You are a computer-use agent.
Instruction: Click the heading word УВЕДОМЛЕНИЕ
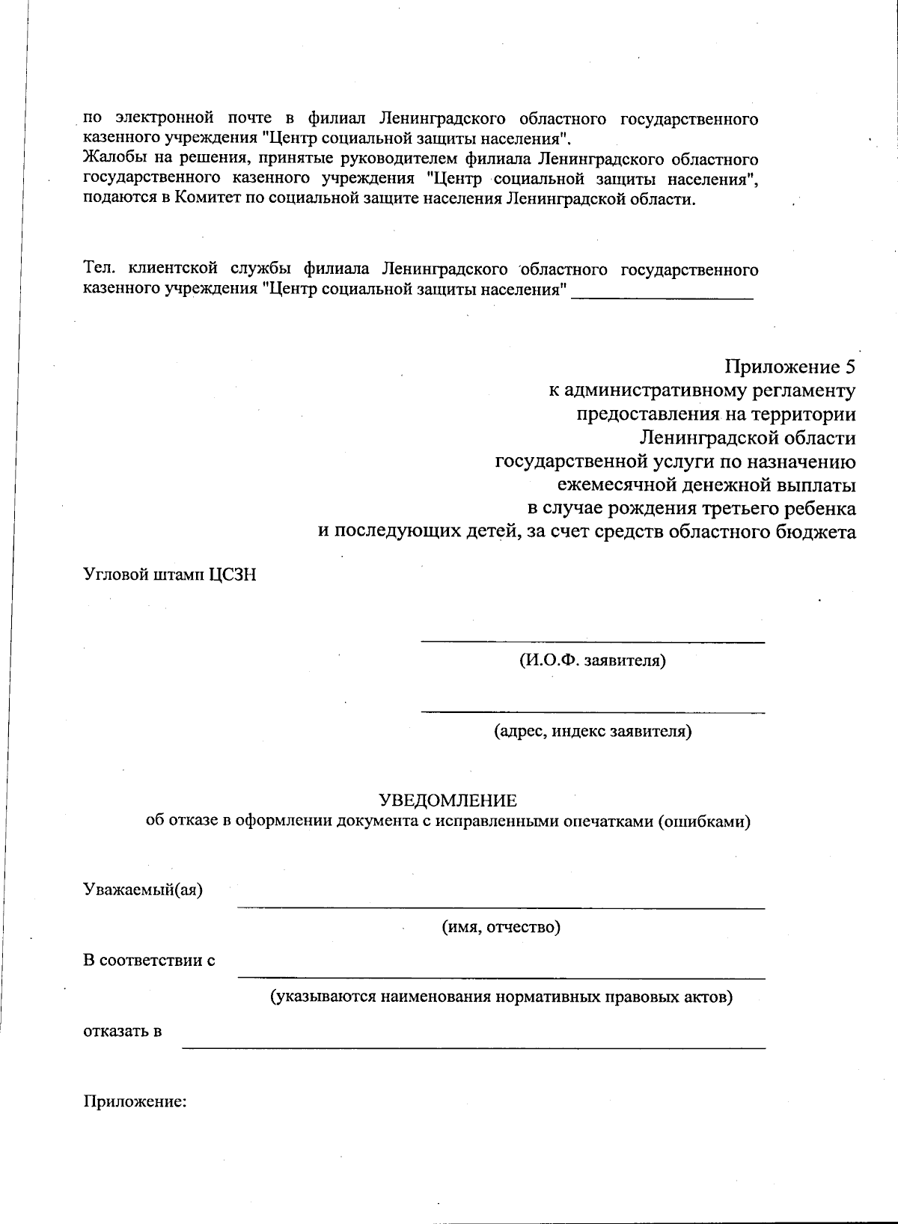point(448,801)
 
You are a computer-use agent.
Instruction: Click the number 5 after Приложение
point(849,367)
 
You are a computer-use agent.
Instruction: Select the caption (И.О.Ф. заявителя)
point(592,661)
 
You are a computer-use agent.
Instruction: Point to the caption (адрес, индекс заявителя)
point(592,731)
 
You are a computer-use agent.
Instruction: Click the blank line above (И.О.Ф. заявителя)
point(592,641)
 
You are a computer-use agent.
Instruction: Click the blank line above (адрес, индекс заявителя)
point(592,712)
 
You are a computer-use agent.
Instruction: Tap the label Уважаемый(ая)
point(143,890)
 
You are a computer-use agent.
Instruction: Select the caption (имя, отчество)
point(501,927)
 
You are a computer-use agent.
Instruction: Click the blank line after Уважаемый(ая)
point(501,908)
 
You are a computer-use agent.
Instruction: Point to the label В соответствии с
point(149,960)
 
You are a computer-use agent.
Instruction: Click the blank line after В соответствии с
point(501,977)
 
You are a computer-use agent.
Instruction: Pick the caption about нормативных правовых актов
point(501,997)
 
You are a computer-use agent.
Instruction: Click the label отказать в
point(123,1031)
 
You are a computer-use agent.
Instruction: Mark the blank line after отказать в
point(474,1047)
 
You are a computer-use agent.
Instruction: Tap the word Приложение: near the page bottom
point(135,1101)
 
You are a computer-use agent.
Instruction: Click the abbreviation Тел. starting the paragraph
point(97,269)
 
